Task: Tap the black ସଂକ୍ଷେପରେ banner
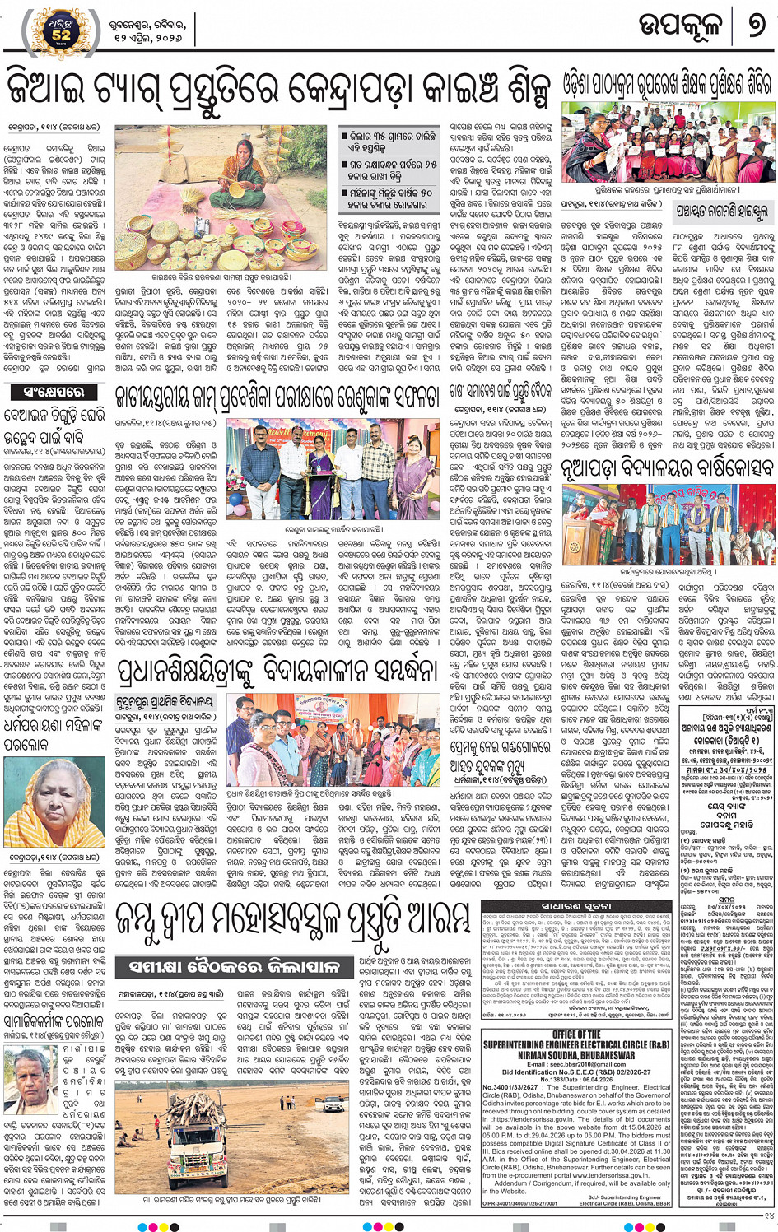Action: tap(54, 392)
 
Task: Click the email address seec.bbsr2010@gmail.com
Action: tap(575, 1064)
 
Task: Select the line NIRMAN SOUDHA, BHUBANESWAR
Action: tap(576, 1055)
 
